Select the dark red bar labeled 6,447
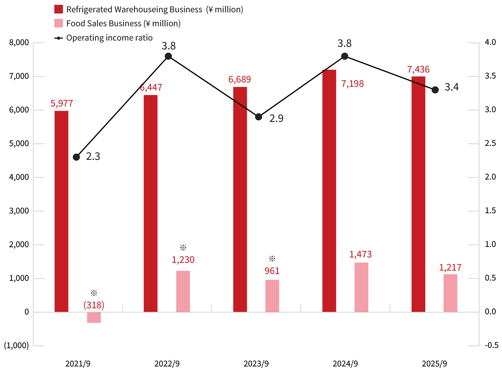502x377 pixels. (x=151, y=203)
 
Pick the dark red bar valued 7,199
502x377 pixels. (x=329, y=190)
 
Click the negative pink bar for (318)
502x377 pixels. (x=94, y=318)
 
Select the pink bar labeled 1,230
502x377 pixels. (x=183, y=291)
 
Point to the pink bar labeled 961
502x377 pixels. (x=272, y=295)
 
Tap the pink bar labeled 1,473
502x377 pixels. (x=361, y=287)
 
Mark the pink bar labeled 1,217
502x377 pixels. (x=450, y=293)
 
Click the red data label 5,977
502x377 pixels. (x=62, y=103)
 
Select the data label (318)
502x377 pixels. (x=94, y=305)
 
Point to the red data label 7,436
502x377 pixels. (x=418, y=69)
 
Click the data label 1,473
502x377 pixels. (x=361, y=254)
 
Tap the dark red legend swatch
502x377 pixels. (x=58, y=9)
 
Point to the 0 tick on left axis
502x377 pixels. (x=26, y=312)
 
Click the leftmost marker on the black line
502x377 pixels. (x=76, y=158)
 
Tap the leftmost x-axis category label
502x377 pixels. (x=77, y=364)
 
